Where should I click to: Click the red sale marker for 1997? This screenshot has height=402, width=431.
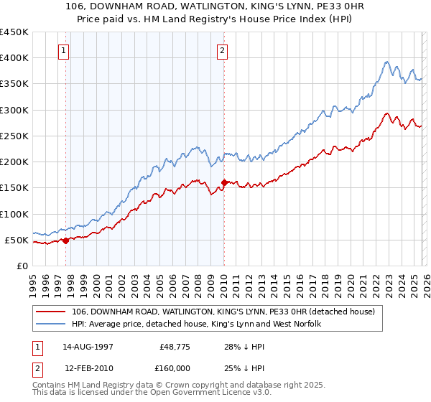[x=65, y=240]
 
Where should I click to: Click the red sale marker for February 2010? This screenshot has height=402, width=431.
[x=224, y=182]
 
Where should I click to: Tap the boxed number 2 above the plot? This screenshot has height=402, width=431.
[x=223, y=51]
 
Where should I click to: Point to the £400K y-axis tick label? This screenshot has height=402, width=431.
[x=14, y=58]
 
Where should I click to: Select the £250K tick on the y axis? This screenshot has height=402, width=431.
[x=14, y=136]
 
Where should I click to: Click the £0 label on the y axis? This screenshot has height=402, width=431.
[x=22, y=266]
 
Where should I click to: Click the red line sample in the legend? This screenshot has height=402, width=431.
[x=52, y=312]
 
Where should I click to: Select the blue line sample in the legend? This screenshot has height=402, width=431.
[x=52, y=324]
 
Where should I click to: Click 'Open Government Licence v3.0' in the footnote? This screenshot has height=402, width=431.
[x=210, y=394]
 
